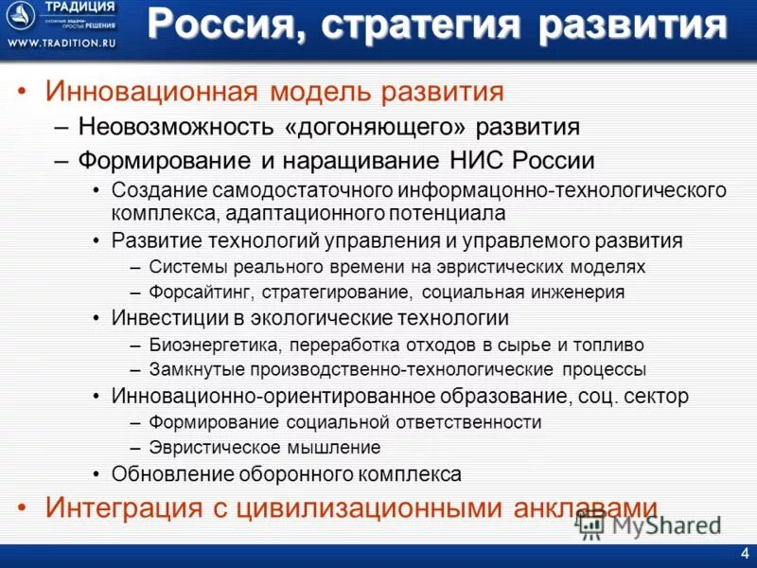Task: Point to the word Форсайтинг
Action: click(198, 293)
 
